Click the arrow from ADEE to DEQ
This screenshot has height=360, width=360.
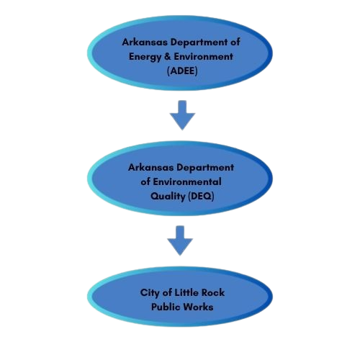182,115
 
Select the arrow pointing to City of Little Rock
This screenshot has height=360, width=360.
180,240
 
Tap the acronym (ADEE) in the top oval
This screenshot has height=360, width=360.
182,71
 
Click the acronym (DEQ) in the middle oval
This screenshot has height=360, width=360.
201,197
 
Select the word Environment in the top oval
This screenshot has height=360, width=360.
203,57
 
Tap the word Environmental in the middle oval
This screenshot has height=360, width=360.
187,181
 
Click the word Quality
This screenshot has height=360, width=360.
168,197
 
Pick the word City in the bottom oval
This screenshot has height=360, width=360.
150,293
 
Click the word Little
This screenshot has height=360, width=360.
186,292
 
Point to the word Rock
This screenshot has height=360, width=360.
213,292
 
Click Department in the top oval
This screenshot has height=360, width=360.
199,42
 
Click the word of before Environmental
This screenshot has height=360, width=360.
145,181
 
